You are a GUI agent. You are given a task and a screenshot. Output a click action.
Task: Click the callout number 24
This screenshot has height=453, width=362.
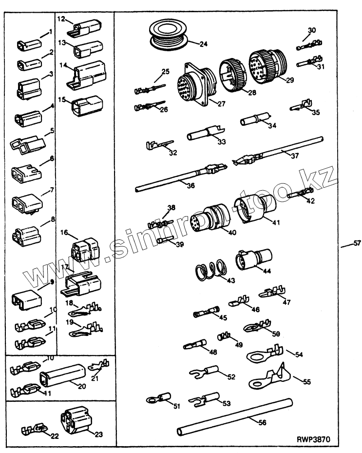(204, 44)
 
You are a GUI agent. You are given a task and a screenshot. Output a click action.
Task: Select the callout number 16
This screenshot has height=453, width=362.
(63, 233)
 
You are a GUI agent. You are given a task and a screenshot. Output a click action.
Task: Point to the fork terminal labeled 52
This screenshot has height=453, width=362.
(203, 373)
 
